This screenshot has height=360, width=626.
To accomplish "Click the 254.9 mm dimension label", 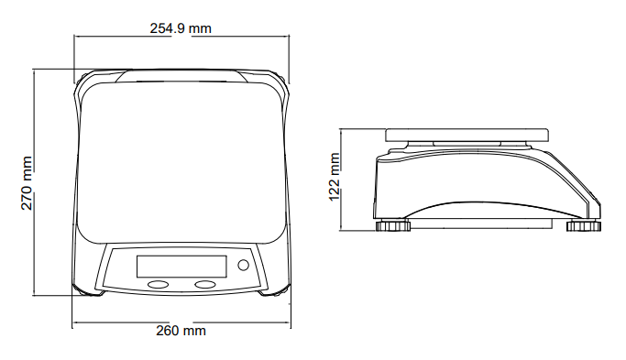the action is [x=181, y=28].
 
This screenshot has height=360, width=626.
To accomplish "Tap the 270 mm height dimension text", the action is [x=27, y=183].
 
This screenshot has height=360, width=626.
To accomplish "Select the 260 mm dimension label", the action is [x=181, y=331].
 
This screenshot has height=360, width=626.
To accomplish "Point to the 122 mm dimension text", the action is [x=335, y=177].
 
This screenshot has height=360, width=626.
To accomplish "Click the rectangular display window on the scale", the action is [x=181, y=267].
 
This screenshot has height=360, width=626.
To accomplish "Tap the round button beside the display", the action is [x=243, y=265].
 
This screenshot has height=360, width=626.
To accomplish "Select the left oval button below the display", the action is [x=158, y=285].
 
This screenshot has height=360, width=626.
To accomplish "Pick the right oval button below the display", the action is [x=205, y=284].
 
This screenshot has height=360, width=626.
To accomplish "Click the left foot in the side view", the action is [x=393, y=225].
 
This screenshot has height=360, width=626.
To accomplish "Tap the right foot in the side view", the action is [x=583, y=225].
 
